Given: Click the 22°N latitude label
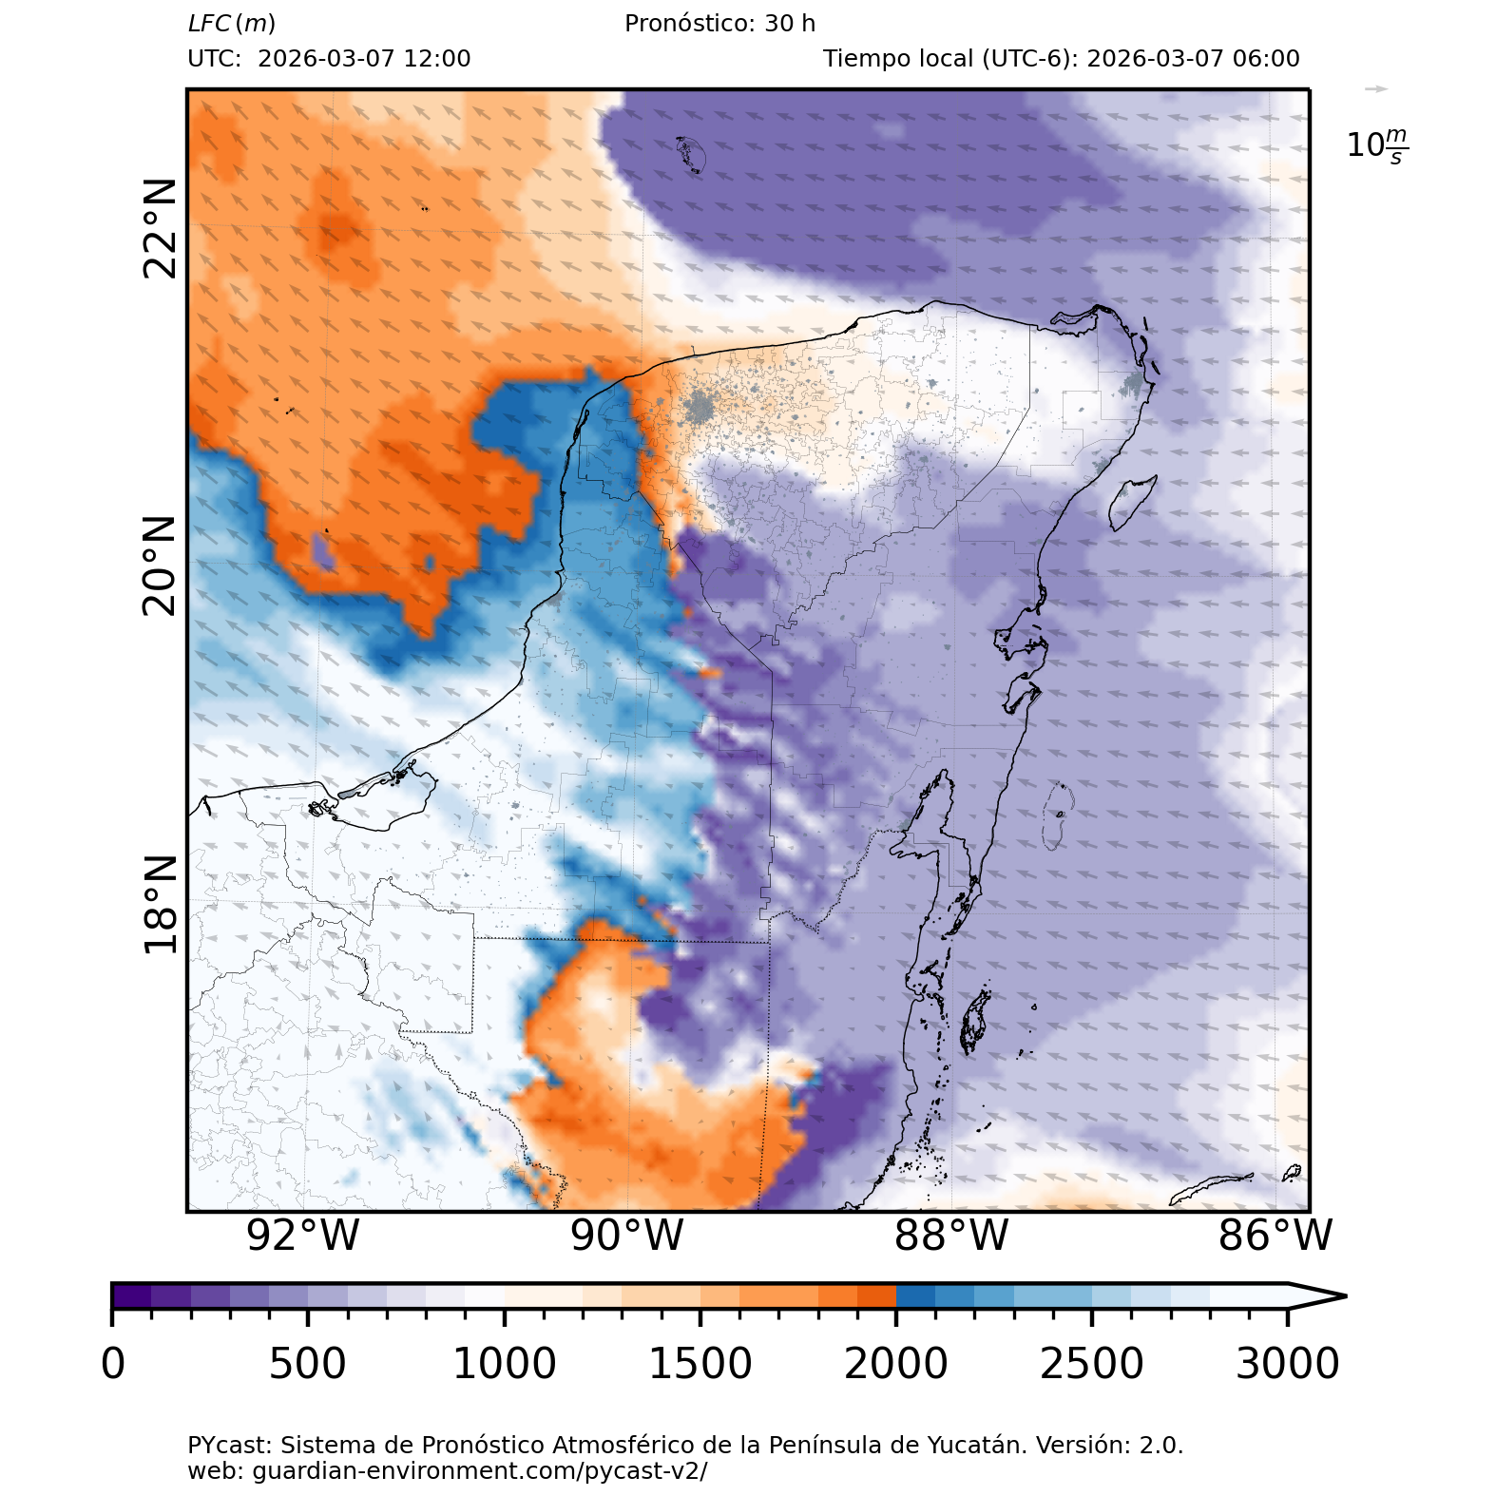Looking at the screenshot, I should [x=160, y=228].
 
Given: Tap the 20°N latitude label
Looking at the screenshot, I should [x=160, y=566].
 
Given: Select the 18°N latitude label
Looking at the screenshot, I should [x=160, y=905].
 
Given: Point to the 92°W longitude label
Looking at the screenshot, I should [x=303, y=1236].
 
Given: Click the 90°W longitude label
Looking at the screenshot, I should [x=627, y=1236].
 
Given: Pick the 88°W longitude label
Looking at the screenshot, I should [x=951, y=1236].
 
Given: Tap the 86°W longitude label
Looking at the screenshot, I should [x=1275, y=1236].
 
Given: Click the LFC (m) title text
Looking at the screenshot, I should [x=232, y=24].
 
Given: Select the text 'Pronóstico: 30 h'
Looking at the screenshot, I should [x=719, y=24].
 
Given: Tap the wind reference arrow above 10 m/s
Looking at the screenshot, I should [x=1376, y=89].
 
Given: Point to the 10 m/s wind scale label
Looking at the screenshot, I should [x=1377, y=145].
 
